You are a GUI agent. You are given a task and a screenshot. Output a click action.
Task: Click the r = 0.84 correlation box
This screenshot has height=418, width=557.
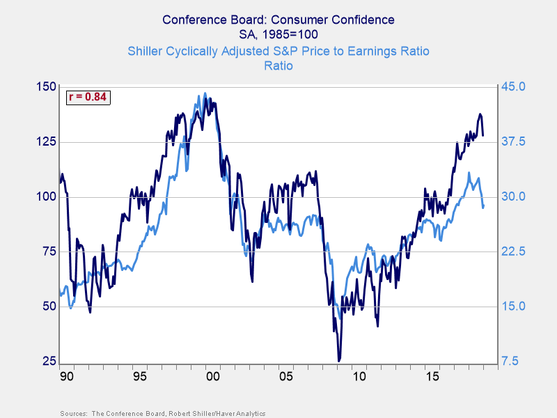point(88,97)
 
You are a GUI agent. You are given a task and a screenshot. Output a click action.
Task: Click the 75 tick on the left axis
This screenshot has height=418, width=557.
point(47,251)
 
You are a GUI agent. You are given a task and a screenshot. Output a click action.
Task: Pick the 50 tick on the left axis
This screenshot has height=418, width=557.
point(47,307)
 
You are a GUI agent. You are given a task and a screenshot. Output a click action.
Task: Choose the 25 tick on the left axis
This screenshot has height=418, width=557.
point(47,362)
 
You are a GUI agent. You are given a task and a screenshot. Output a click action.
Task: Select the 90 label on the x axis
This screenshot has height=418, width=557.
point(68,376)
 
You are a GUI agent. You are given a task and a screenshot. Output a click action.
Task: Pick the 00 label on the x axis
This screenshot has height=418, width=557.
point(213,376)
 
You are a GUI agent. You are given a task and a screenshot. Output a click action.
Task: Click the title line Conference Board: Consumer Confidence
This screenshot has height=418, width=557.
point(278,20)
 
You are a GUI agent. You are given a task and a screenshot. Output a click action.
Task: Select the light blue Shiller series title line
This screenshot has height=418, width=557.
point(278,51)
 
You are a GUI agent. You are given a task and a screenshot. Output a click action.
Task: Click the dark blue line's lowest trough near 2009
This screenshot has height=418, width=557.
point(339,360)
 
